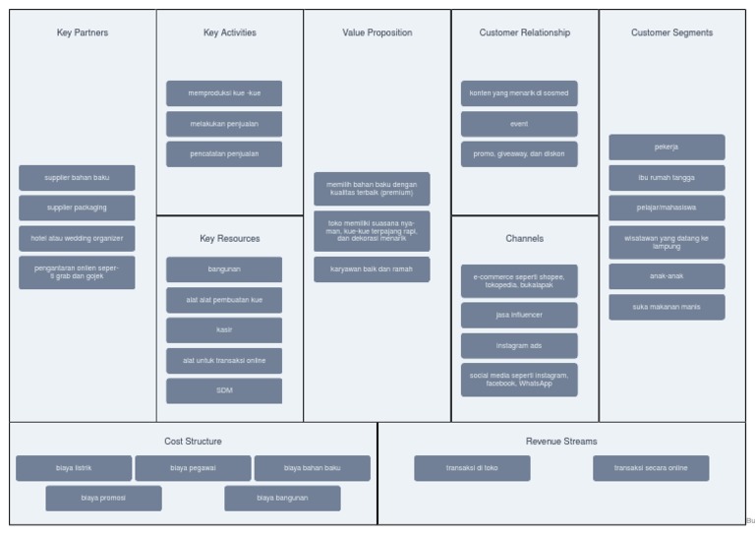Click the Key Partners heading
coord(83,32)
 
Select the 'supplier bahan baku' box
coord(77,178)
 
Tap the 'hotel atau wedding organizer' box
coord(77,238)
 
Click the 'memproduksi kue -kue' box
coord(224,93)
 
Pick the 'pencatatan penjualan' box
coord(224,154)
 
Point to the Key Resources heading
coord(230,238)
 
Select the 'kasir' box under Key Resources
coord(224,330)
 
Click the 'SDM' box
coord(224,390)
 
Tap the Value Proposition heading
coord(377,32)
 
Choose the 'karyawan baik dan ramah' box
coord(372,269)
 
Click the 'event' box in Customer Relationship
coord(519,124)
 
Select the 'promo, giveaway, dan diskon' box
coord(519,154)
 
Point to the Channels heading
coord(525,238)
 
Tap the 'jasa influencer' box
coord(519,316)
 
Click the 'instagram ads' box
coord(519,346)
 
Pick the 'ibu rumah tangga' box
coord(667,178)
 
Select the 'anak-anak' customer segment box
coord(667,276)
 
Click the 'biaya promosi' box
coord(103,498)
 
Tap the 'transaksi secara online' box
coord(651,468)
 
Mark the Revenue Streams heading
coord(561,442)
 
